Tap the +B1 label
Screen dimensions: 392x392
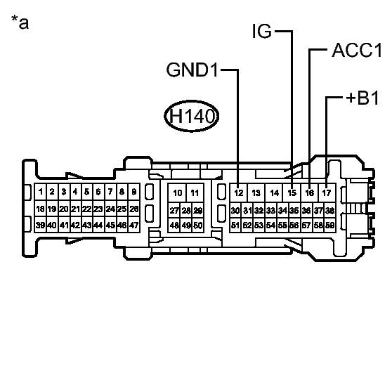point(362,98)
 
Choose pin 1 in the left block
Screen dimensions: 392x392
point(41,192)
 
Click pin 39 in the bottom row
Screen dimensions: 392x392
point(41,225)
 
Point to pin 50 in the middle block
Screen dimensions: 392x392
point(198,225)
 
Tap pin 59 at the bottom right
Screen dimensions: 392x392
point(330,225)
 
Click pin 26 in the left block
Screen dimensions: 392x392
point(133,209)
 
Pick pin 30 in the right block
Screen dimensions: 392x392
point(235,210)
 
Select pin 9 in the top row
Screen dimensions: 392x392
point(133,192)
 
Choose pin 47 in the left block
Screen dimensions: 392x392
point(133,225)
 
